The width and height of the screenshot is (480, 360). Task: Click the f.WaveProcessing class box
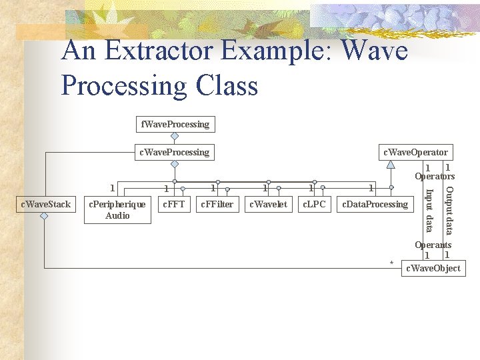click(x=175, y=124)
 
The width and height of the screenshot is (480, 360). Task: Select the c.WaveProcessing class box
click(x=174, y=152)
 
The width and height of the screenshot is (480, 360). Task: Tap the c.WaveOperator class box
click(x=415, y=152)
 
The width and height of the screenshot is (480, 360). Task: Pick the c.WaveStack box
click(x=45, y=204)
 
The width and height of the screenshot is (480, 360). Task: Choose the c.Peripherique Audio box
click(x=117, y=209)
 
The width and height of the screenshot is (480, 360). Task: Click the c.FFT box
click(x=174, y=204)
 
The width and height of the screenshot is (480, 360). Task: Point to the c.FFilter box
click(x=217, y=204)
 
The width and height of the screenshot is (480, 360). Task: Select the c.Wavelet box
click(x=268, y=204)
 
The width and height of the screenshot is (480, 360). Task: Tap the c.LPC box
click(x=314, y=204)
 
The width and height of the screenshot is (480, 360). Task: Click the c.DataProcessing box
click(x=375, y=204)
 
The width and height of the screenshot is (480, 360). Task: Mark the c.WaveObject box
click(x=433, y=268)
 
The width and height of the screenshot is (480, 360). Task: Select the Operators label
click(x=435, y=177)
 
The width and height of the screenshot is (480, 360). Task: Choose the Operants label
click(x=433, y=245)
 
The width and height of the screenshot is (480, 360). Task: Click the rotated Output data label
click(x=449, y=210)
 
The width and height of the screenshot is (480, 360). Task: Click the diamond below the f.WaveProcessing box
click(x=175, y=137)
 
